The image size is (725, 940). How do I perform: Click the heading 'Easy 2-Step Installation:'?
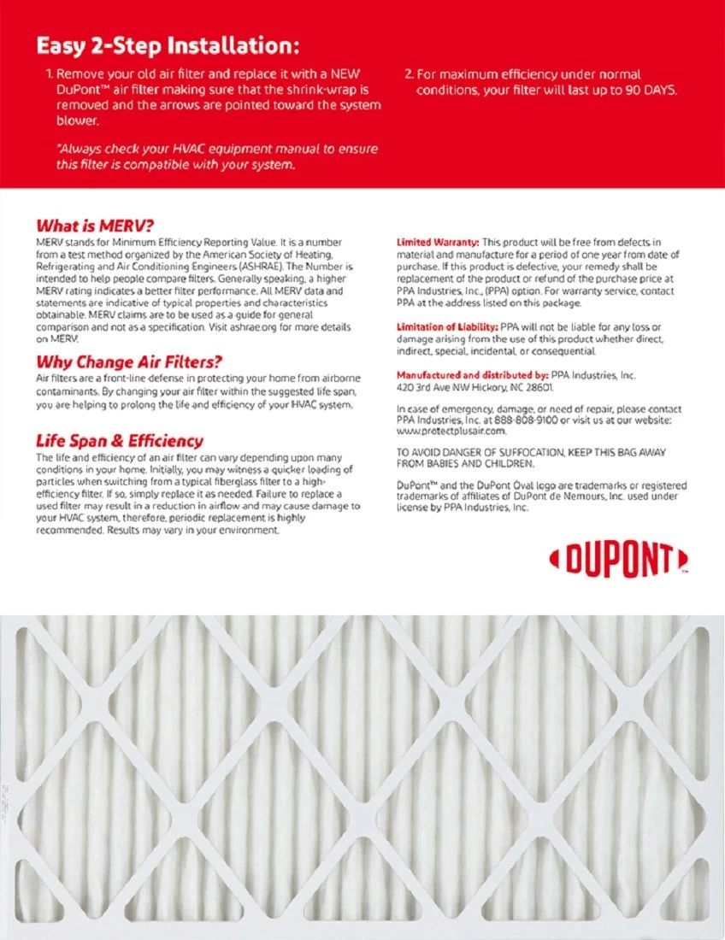click(x=168, y=44)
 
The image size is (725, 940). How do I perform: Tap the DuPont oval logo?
click(x=618, y=561)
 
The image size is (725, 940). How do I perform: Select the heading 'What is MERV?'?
click(x=94, y=226)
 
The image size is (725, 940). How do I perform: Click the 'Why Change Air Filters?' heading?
click(x=128, y=361)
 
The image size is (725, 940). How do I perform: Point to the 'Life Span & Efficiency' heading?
click(x=119, y=441)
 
